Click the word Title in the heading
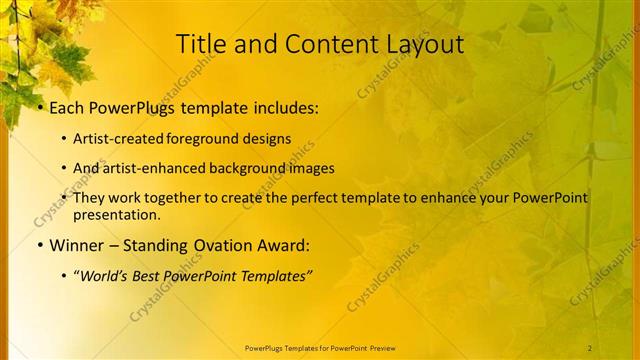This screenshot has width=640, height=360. (x=199, y=44)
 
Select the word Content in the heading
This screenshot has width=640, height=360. (x=318, y=44)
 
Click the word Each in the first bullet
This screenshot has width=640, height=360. (x=67, y=107)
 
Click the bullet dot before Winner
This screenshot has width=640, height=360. (x=39, y=245)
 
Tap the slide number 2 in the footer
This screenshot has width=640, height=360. (x=590, y=347)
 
